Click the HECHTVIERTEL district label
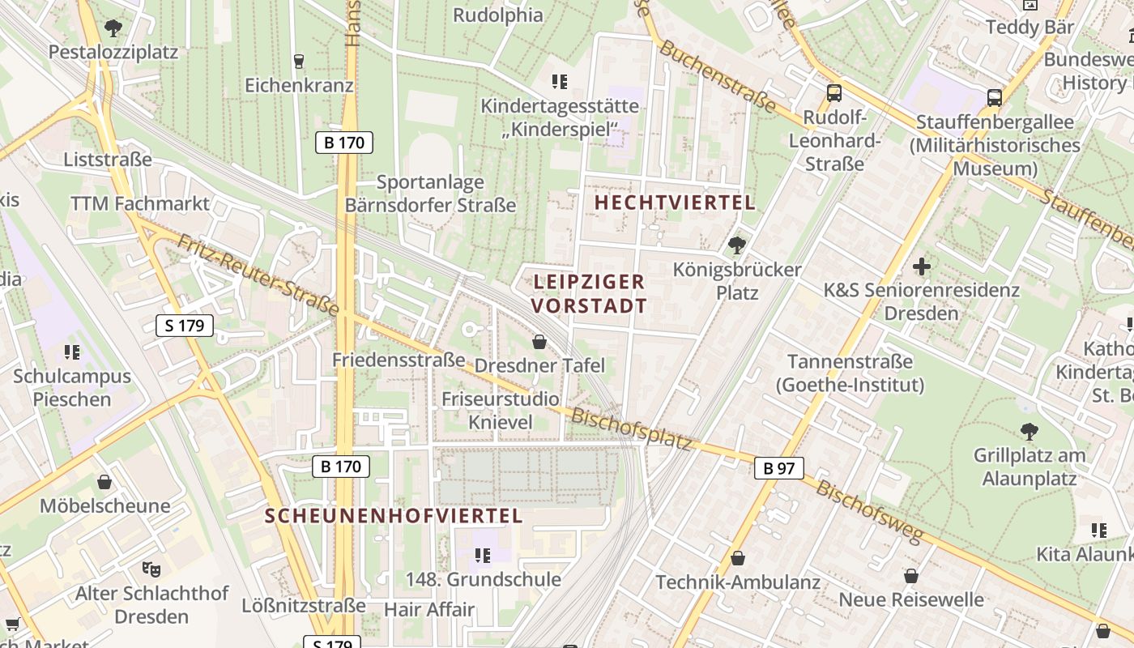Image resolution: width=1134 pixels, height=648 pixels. click(x=675, y=202)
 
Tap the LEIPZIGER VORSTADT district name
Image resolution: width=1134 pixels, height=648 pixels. click(x=590, y=293)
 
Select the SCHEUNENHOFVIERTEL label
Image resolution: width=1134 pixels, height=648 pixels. click(x=394, y=515)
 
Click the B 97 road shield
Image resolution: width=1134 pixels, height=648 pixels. click(x=778, y=467)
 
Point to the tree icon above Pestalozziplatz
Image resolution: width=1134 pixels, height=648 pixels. click(x=113, y=29)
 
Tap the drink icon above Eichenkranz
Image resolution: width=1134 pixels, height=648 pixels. click(x=298, y=62)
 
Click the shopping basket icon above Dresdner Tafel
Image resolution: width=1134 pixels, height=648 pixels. click(x=539, y=343)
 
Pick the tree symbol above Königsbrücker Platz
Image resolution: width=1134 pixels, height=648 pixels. click(x=736, y=245)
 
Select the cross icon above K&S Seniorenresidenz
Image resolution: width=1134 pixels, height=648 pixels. click(x=921, y=266)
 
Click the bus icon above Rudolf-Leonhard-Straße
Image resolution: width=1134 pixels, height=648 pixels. click(x=834, y=93)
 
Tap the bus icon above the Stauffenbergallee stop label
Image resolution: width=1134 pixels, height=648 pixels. click(x=995, y=98)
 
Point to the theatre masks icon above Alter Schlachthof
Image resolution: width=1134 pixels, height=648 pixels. click(x=150, y=569)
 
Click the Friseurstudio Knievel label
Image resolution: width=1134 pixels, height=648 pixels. click(x=500, y=410)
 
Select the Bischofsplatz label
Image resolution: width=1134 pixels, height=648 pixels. click(x=632, y=429)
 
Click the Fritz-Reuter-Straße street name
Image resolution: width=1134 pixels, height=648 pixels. click(x=258, y=275)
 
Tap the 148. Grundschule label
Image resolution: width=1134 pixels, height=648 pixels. click(x=484, y=579)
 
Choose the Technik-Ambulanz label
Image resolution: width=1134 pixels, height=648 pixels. click(x=737, y=582)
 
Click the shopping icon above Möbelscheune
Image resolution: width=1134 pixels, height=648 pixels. click(x=104, y=483)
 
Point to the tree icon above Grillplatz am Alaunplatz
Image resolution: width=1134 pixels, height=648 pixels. click(x=1029, y=431)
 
